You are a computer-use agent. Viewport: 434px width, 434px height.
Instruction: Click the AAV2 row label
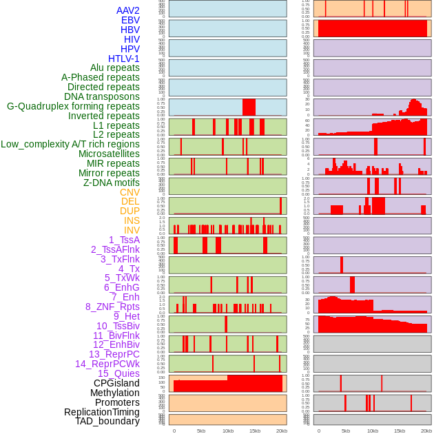pos(128,10)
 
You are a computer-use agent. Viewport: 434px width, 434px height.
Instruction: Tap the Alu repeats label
pos(115,68)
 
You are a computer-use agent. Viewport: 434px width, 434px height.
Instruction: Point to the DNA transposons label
pos(102,97)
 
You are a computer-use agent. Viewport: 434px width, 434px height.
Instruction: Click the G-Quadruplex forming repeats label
pos(73,107)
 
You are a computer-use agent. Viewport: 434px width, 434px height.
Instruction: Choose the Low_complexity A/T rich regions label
pos(70,144)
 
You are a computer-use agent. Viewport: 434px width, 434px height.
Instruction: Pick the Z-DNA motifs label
pos(112,183)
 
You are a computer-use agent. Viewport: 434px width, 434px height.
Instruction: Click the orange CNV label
pos(130,192)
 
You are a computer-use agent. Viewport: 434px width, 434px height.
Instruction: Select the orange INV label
pos(132,230)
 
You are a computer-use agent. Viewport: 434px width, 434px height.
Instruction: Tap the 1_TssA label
pos(124,240)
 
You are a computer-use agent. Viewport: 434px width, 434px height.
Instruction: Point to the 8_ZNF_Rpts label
pos(112,307)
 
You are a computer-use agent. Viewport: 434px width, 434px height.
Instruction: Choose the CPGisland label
pos(116,383)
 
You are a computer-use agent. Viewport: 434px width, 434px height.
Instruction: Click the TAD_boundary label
pos(107,421)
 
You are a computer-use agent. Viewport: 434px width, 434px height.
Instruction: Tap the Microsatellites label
pos(109,154)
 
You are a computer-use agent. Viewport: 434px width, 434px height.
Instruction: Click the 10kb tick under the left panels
pos(227,431)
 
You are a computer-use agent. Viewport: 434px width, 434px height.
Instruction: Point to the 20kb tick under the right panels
pos(426,431)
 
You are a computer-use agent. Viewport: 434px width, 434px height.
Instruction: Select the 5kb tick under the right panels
pos(345,431)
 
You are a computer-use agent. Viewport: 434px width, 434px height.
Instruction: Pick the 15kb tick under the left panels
pos(255,431)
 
